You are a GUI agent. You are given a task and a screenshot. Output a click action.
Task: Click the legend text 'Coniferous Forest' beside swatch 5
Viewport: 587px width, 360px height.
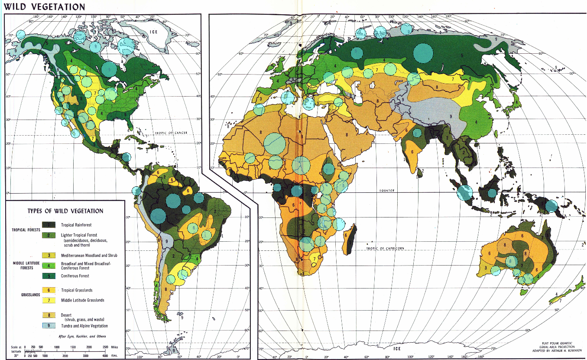[75, 276]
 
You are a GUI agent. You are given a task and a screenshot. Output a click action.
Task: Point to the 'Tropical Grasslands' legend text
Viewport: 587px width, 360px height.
[77, 290]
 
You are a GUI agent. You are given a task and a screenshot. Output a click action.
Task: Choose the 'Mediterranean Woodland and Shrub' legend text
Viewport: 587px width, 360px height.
[89, 255]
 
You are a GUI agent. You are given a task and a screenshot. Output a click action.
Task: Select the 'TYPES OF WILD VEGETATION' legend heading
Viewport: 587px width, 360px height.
[65, 211]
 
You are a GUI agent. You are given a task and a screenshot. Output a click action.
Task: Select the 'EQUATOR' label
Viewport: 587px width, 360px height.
[388, 191]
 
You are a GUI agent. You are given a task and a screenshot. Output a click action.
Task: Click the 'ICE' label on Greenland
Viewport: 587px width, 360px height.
[153, 32]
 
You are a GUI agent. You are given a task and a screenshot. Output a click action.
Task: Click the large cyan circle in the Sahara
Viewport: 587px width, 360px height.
[275, 143]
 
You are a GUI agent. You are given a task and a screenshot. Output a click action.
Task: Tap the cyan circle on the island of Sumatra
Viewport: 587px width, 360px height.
[464, 192]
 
